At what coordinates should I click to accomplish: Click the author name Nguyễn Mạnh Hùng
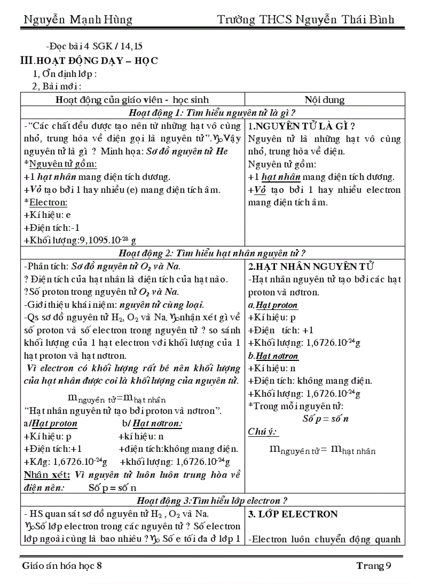coord(78,20)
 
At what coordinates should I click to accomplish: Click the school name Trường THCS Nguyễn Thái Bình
coord(306,20)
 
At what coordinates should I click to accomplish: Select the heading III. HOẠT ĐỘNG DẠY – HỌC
coord(89,61)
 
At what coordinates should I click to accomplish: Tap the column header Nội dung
coord(324,100)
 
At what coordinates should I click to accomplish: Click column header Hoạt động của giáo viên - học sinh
coord(132,100)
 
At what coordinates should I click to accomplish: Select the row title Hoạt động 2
coord(212,253)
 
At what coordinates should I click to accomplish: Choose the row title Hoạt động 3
coord(212,501)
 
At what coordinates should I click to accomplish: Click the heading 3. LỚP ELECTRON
coord(293,514)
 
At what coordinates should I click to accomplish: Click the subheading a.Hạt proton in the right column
coord(273,305)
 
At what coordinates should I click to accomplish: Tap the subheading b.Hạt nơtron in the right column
coord(273,356)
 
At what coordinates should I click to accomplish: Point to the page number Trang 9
coord(373,566)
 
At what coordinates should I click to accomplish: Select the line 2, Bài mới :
coord(57,86)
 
